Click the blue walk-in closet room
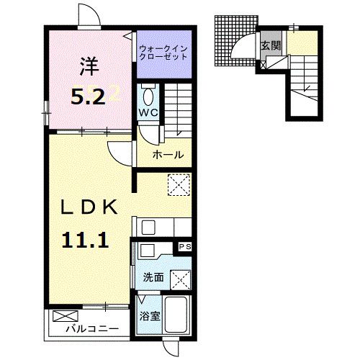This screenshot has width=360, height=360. click(x=164, y=54)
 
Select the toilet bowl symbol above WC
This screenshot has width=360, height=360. click(x=148, y=96)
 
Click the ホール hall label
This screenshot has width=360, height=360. click(x=168, y=155)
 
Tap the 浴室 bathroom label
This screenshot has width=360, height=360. click(x=149, y=316)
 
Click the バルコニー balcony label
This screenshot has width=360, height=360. click(x=88, y=330)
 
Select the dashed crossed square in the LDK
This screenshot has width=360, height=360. click(x=178, y=184)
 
